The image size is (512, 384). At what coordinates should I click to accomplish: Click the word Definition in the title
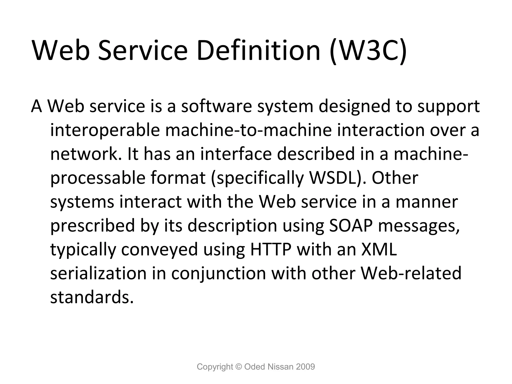(x=258, y=51)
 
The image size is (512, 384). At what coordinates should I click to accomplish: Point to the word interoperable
(x=105, y=130)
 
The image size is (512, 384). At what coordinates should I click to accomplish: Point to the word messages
(x=419, y=226)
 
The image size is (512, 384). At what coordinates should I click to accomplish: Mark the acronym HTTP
(x=271, y=249)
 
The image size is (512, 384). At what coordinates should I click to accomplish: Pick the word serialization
(x=98, y=273)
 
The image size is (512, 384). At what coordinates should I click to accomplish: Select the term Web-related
(x=411, y=273)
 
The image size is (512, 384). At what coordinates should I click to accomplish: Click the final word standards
(x=92, y=297)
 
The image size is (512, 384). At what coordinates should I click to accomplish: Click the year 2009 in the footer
(x=305, y=367)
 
